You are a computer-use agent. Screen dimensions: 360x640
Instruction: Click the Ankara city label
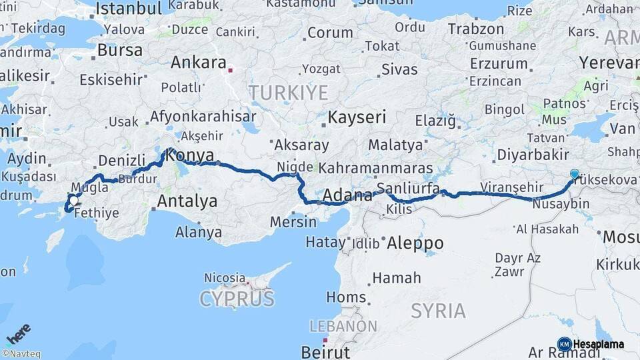pyautogui.click(x=199, y=63)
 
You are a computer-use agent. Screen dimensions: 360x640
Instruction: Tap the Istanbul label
pyautogui.click(x=129, y=9)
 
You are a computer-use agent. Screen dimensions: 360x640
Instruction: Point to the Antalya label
pyautogui.click(x=187, y=201)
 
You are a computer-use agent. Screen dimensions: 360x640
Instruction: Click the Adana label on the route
pyautogui.click(x=347, y=196)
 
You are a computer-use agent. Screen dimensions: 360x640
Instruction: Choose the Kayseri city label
pyautogui.click(x=357, y=118)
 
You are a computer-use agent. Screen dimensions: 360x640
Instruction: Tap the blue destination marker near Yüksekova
pyautogui.click(x=575, y=174)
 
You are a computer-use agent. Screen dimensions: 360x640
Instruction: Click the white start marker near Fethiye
pyautogui.click(x=73, y=200)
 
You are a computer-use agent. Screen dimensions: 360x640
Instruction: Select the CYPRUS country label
pyautogui.click(x=237, y=298)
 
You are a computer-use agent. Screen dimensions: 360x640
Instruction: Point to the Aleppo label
pyautogui.click(x=415, y=241)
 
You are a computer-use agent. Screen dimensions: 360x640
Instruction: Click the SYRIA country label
pyautogui.click(x=438, y=310)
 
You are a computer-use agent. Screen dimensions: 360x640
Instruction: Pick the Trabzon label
pyautogui.click(x=476, y=29)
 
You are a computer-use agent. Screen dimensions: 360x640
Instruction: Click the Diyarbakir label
pyautogui.click(x=532, y=155)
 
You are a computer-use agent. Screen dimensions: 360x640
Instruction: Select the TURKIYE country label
pyautogui.click(x=288, y=92)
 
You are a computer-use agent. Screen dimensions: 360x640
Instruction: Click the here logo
pyautogui.click(x=19, y=333)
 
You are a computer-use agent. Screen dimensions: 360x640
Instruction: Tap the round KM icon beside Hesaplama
pyautogui.click(x=565, y=344)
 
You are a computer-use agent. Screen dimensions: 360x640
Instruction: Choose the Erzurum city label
pyautogui.click(x=499, y=63)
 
